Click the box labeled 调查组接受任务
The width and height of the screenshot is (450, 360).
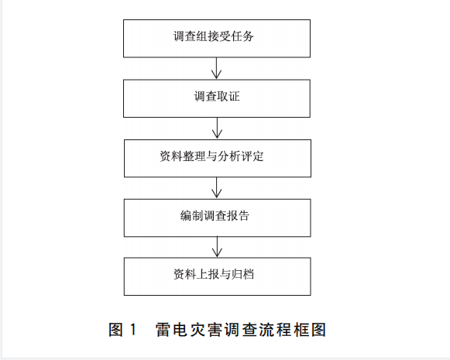click(x=217, y=39)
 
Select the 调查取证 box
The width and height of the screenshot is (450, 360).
click(x=217, y=98)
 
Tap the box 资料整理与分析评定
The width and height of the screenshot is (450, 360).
click(x=218, y=159)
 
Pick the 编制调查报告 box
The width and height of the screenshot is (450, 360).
click(x=217, y=218)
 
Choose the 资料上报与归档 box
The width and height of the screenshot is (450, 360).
click(x=217, y=276)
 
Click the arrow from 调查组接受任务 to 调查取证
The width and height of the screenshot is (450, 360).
click(x=216, y=68)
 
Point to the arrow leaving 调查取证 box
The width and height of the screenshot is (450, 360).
click(x=217, y=129)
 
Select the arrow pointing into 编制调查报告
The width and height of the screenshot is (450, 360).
click(x=217, y=188)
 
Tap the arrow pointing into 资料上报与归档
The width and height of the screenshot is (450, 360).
click(x=217, y=247)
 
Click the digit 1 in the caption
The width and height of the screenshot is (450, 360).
click(x=132, y=329)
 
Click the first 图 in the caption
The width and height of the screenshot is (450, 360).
click(x=116, y=329)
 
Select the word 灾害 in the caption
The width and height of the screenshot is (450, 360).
click(x=206, y=329)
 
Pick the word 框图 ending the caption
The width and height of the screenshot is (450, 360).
click(x=310, y=329)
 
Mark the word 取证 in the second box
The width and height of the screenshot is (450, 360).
click(x=228, y=96)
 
